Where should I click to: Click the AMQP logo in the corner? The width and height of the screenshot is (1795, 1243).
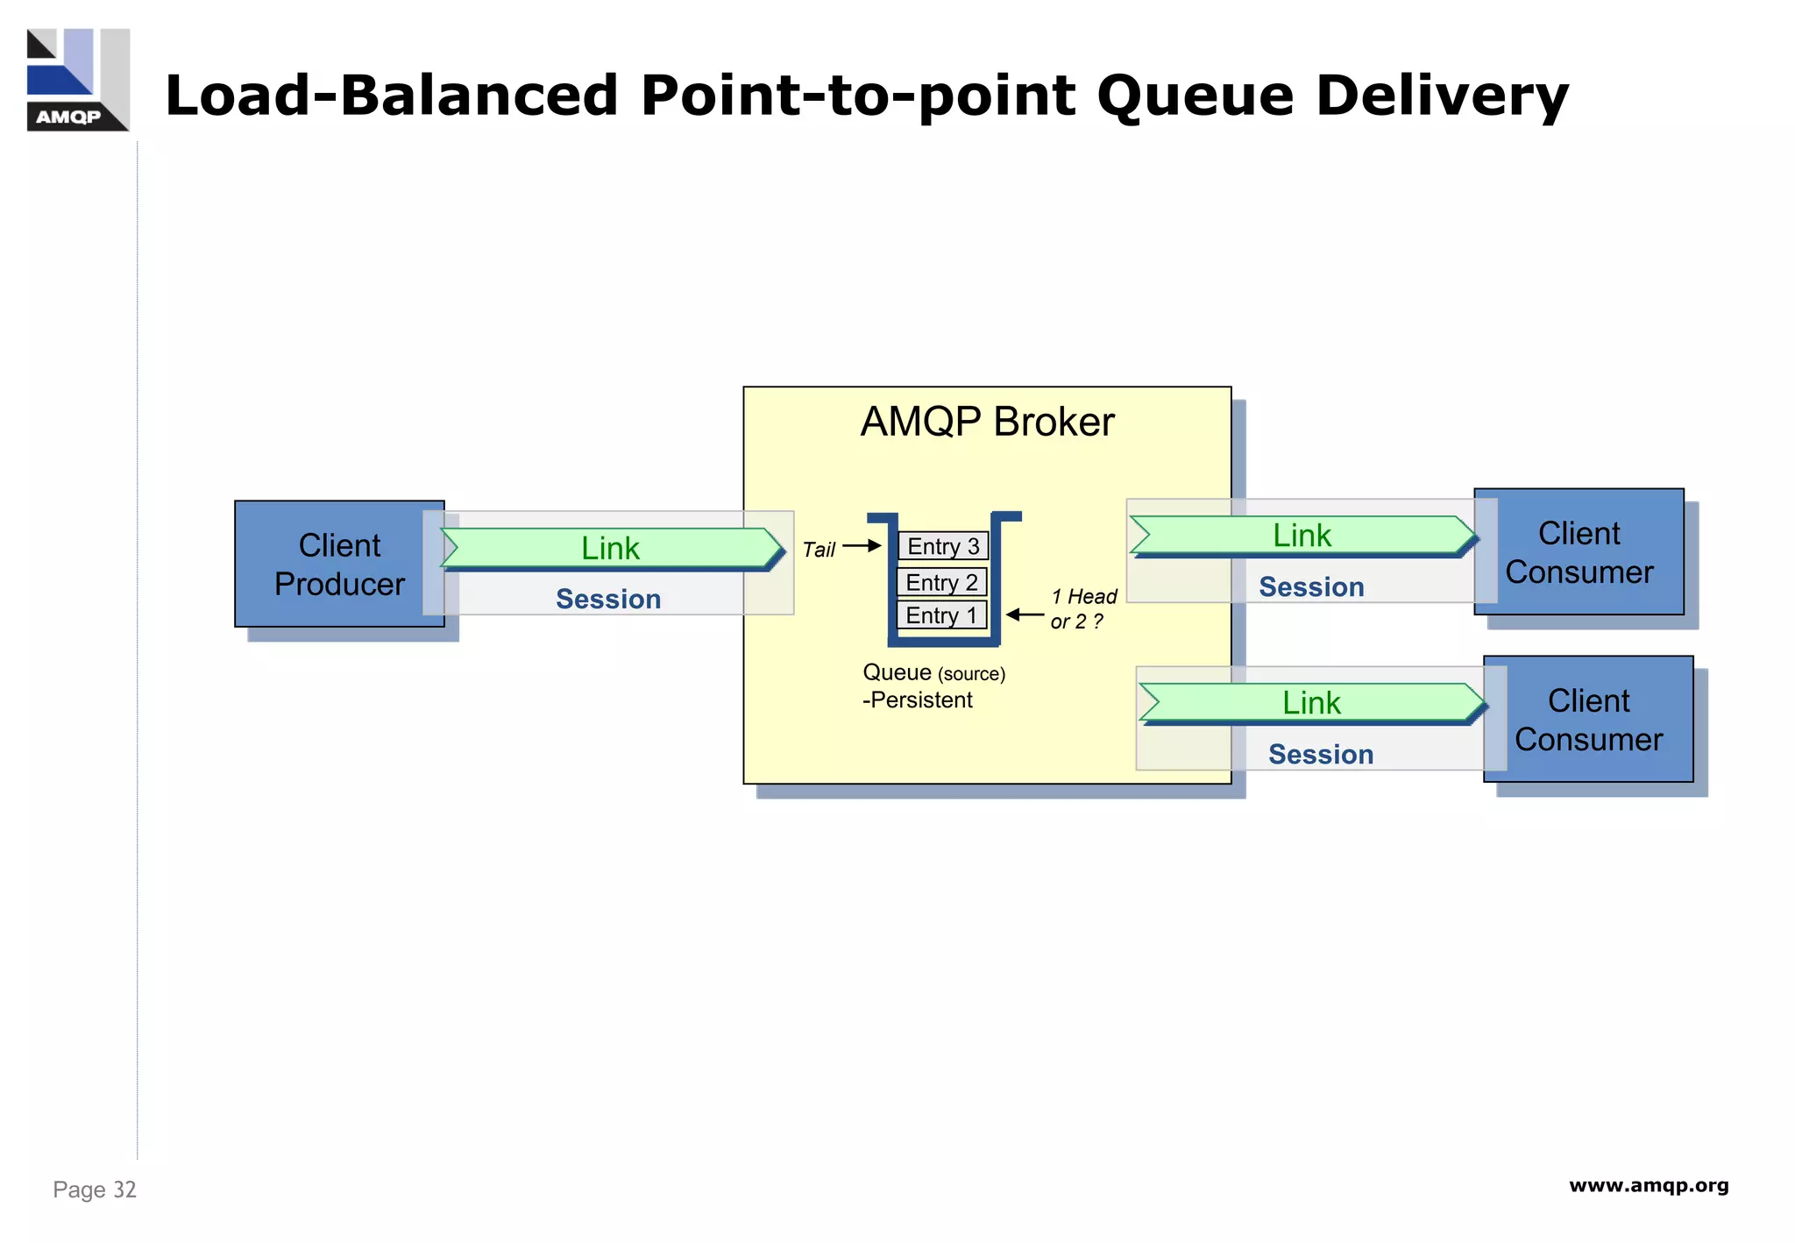pyautogui.click(x=78, y=80)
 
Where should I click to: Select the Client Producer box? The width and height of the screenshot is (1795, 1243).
pyautogui.click(x=339, y=565)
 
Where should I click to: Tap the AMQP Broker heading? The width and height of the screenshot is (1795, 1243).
pyautogui.click(x=987, y=422)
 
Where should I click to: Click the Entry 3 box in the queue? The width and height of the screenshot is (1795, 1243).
pyautogui.click(x=943, y=546)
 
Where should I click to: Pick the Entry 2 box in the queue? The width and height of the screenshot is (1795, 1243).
pyautogui.click(x=941, y=582)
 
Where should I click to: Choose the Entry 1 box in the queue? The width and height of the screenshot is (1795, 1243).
pyautogui.click(x=941, y=615)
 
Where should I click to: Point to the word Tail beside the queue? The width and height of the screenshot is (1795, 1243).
pyautogui.click(x=819, y=550)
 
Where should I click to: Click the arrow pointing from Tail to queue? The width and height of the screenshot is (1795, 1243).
pyautogui.click(x=862, y=546)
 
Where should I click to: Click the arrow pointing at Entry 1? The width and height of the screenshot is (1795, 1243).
pyautogui.click(x=1024, y=614)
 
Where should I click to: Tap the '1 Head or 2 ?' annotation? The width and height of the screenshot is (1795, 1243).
pyautogui.click(x=1082, y=608)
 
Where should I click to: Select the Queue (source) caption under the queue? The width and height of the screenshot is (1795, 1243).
pyautogui.click(x=933, y=672)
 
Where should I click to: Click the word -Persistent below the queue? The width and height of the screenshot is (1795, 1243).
pyautogui.click(x=917, y=700)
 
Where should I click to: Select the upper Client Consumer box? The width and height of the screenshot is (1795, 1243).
pyautogui.click(x=1579, y=552)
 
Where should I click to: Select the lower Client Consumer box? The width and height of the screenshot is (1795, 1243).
pyautogui.click(x=1588, y=720)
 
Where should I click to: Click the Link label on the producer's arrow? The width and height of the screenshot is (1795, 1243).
pyautogui.click(x=610, y=549)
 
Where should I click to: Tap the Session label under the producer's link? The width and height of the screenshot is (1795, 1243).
pyautogui.click(x=608, y=599)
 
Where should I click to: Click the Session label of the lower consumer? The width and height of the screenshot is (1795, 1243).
pyautogui.click(x=1321, y=754)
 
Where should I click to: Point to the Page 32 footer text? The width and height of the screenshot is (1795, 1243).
pyautogui.click(x=95, y=1190)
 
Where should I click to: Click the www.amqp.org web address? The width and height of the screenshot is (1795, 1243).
pyautogui.click(x=1648, y=1186)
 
